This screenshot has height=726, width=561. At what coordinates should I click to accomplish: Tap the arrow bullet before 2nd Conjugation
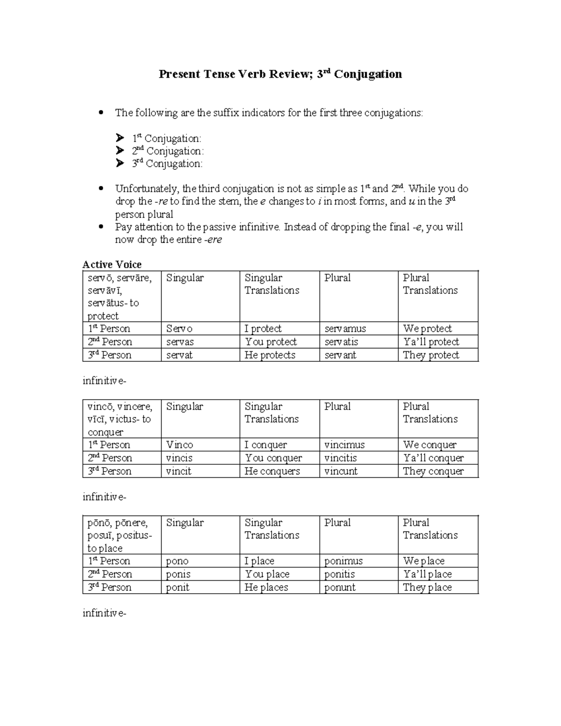point(120,151)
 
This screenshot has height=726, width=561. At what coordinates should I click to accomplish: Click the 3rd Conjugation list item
point(167,164)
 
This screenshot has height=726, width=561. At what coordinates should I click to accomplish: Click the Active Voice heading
point(112,265)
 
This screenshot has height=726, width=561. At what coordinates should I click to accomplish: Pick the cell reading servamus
point(345,329)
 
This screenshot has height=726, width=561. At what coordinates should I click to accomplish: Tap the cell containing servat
point(180,355)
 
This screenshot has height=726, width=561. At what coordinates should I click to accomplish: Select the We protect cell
point(427,329)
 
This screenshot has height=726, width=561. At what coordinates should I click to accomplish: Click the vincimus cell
point(345,445)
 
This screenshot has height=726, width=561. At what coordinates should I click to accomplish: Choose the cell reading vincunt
point(341,471)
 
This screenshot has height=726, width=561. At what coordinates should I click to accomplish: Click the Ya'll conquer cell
point(433,458)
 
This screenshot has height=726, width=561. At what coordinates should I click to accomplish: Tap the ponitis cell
point(339,574)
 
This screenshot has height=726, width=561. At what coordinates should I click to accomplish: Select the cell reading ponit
point(178,587)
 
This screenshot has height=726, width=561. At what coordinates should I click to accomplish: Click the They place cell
point(427,587)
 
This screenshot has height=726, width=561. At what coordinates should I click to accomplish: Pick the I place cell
point(259,561)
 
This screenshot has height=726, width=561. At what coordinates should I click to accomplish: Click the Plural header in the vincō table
point(338,407)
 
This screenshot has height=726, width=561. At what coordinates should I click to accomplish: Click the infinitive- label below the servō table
point(104,381)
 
